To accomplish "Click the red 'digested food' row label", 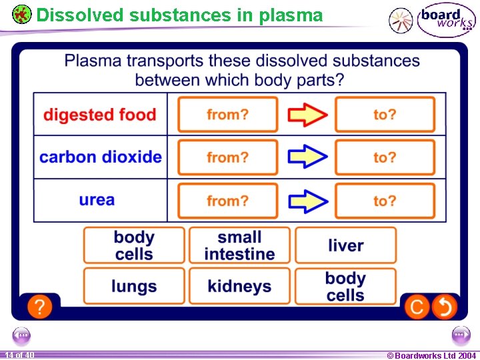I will pyautogui.click(x=100, y=115).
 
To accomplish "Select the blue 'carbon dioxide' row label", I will pyautogui.click(x=101, y=157).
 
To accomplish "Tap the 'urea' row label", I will pyautogui.click(x=97, y=200).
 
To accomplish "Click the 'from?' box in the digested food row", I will pyautogui.click(x=227, y=115).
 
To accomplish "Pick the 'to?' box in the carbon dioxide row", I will pyautogui.click(x=385, y=157).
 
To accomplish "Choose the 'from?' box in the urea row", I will pyautogui.click(x=227, y=201).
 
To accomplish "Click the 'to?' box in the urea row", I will pyautogui.click(x=385, y=201).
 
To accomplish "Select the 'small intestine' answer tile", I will pyautogui.click(x=239, y=245).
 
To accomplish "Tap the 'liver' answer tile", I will pyautogui.click(x=345, y=245).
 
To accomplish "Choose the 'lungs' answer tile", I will pyautogui.click(x=134, y=286).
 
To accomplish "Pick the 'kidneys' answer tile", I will pyautogui.click(x=239, y=286).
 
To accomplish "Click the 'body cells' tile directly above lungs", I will pyautogui.click(x=134, y=245).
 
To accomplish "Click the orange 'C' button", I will pyautogui.click(x=417, y=307).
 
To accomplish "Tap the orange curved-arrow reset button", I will pyautogui.click(x=444, y=307).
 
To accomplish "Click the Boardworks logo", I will pyautogui.click(x=446, y=19).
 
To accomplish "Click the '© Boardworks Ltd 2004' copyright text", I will pyautogui.click(x=431, y=355).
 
